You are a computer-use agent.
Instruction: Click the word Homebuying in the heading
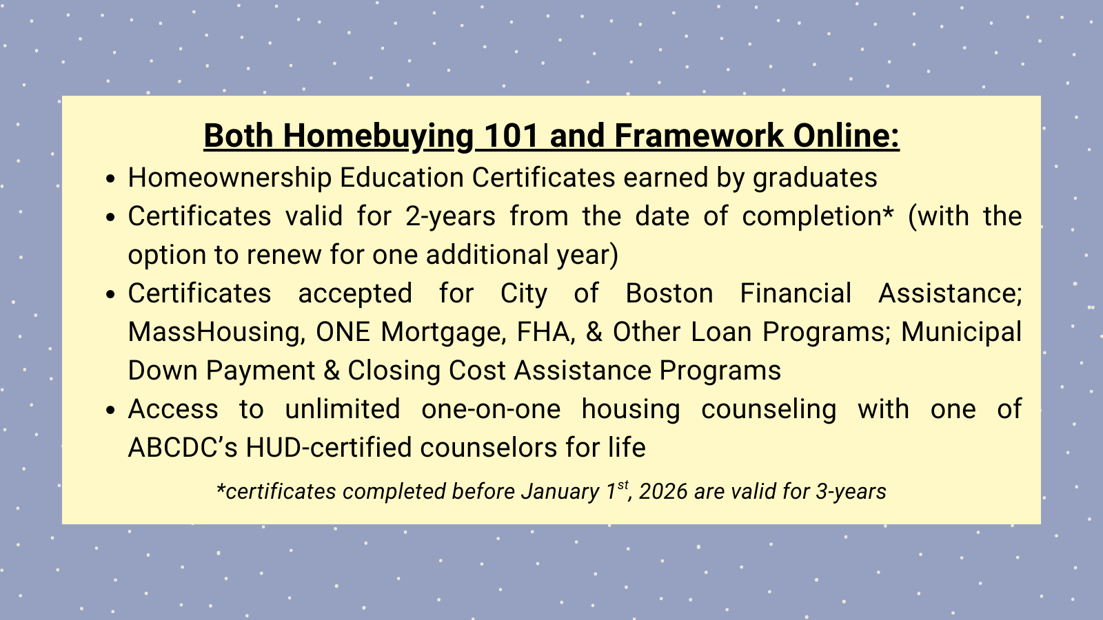pos(378,136)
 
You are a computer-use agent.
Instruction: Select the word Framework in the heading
pos(699,135)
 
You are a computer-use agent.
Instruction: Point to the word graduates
pos(815,178)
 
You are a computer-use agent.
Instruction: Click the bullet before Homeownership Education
pos(110,178)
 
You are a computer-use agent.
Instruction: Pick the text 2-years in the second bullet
pos(450,216)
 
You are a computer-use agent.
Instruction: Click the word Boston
pos(669,293)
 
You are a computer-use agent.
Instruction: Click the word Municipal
pos(961,332)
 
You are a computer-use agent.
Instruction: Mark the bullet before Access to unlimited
pos(110,410)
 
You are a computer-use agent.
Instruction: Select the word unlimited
pos(343,409)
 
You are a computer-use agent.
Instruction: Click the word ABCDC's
pos(183,448)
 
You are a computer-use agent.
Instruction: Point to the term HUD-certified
pos(329,448)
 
